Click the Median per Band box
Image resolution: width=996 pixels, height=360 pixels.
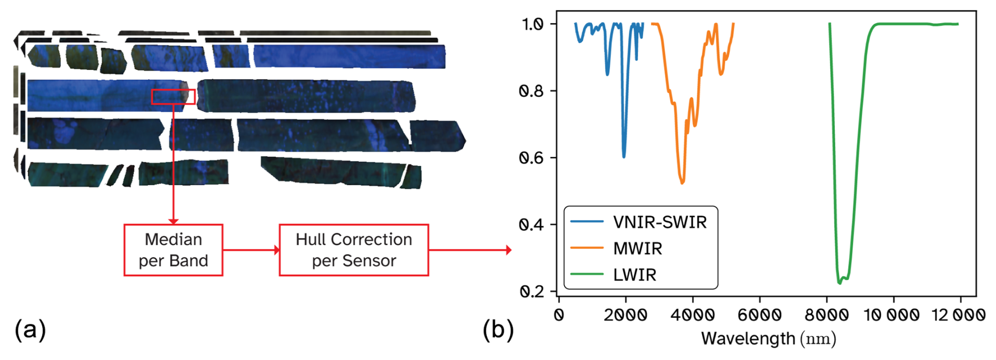point(173,250)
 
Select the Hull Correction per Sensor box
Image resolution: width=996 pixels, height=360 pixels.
point(354,250)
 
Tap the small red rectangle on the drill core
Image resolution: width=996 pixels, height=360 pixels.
point(173,97)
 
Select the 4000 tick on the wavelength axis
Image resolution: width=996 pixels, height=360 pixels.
point(693,315)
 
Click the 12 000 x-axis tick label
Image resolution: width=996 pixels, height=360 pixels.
point(959,315)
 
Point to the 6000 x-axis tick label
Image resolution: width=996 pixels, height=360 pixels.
point(760,315)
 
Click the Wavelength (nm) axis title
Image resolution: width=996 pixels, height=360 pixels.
point(769,338)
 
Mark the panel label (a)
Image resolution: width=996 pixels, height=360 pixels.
point(30,330)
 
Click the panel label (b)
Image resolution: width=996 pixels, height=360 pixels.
point(497,330)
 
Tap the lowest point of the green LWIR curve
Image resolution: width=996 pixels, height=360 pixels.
point(840,283)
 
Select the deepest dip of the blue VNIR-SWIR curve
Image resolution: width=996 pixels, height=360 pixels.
point(624,156)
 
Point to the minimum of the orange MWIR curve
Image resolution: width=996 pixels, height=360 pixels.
point(682,183)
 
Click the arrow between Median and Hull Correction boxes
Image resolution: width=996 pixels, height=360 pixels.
point(251,250)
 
